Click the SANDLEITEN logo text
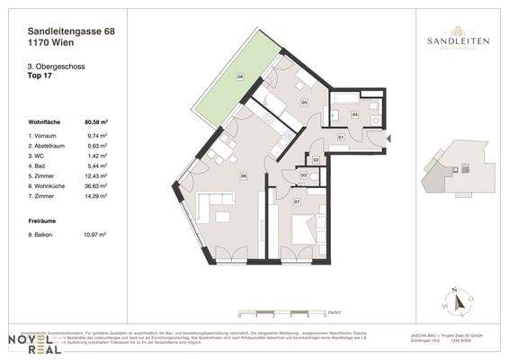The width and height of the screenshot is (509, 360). [x=452, y=40]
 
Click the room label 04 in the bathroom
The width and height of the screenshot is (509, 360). [x=355, y=115]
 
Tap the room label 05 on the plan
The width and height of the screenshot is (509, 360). [x=304, y=103]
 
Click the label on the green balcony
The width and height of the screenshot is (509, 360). [x=240, y=77]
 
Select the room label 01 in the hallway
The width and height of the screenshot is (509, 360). [x=341, y=137]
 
